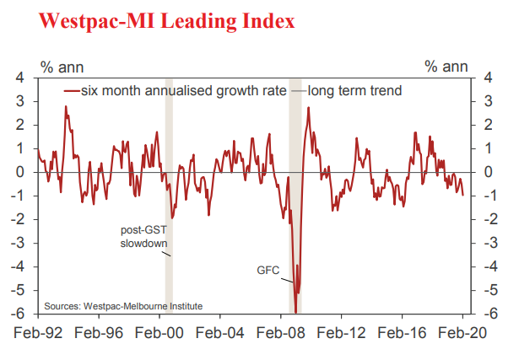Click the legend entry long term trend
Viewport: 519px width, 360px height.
(x=354, y=90)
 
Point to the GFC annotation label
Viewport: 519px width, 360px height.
(x=268, y=271)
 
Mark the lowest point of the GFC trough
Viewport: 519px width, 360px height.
(x=296, y=294)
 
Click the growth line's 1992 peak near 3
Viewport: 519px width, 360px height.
(x=66, y=106)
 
